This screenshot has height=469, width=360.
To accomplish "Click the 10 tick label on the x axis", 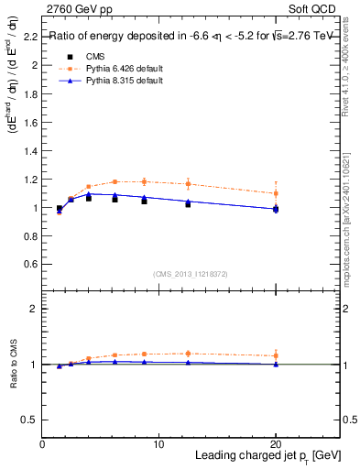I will tap(158, 444).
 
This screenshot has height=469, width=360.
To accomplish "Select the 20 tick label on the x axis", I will tap(276, 444).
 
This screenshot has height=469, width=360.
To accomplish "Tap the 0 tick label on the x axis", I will tap(42, 444).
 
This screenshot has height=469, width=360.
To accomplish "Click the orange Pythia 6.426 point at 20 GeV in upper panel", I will tap(276, 193).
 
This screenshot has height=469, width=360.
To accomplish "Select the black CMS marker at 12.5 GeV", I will tap(188, 204).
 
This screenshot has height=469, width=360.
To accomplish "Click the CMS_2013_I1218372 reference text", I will tap(191, 273).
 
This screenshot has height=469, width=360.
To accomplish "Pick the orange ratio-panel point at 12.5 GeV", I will tap(188, 354).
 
